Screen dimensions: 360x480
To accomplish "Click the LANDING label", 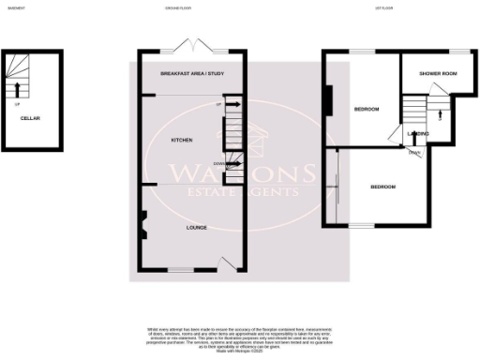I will click(418, 134).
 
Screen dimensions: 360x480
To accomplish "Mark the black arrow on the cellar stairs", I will click(16, 91).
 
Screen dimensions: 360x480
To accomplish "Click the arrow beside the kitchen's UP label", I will click(229, 106).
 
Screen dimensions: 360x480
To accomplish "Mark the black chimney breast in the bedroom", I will click(328, 98).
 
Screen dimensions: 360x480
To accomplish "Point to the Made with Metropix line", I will click(239, 351).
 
